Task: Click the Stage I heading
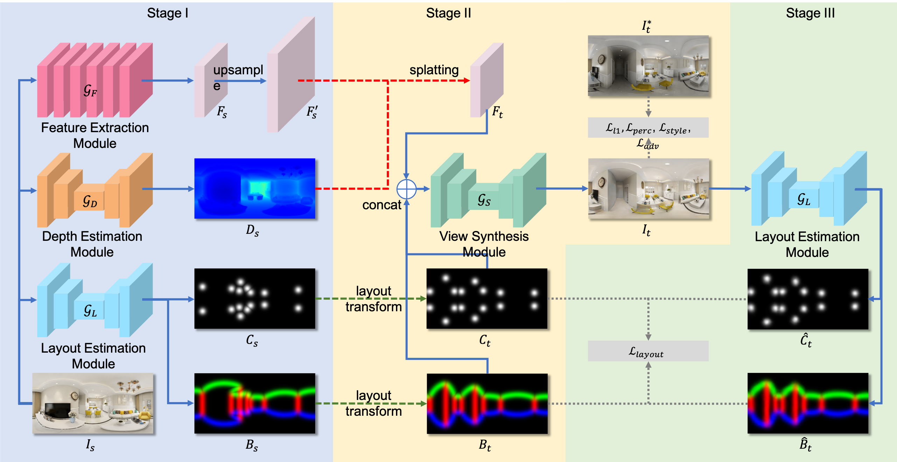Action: point(167,13)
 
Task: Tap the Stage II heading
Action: point(448,13)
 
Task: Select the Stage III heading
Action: point(810,13)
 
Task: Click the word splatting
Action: point(434,70)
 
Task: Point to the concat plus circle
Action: point(406,189)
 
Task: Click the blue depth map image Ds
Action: point(255,189)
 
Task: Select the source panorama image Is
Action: point(93,403)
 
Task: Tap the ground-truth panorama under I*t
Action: point(648,66)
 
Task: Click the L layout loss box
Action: point(648,351)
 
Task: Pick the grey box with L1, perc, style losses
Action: point(648,128)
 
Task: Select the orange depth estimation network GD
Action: point(95,190)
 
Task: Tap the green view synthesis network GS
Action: point(488,190)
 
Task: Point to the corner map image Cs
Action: point(255,299)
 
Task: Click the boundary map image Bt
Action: point(487,404)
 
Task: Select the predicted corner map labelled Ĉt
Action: point(808,299)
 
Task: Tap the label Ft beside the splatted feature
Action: point(497,112)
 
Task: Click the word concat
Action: point(381,205)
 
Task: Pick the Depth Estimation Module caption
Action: point(92,244)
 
